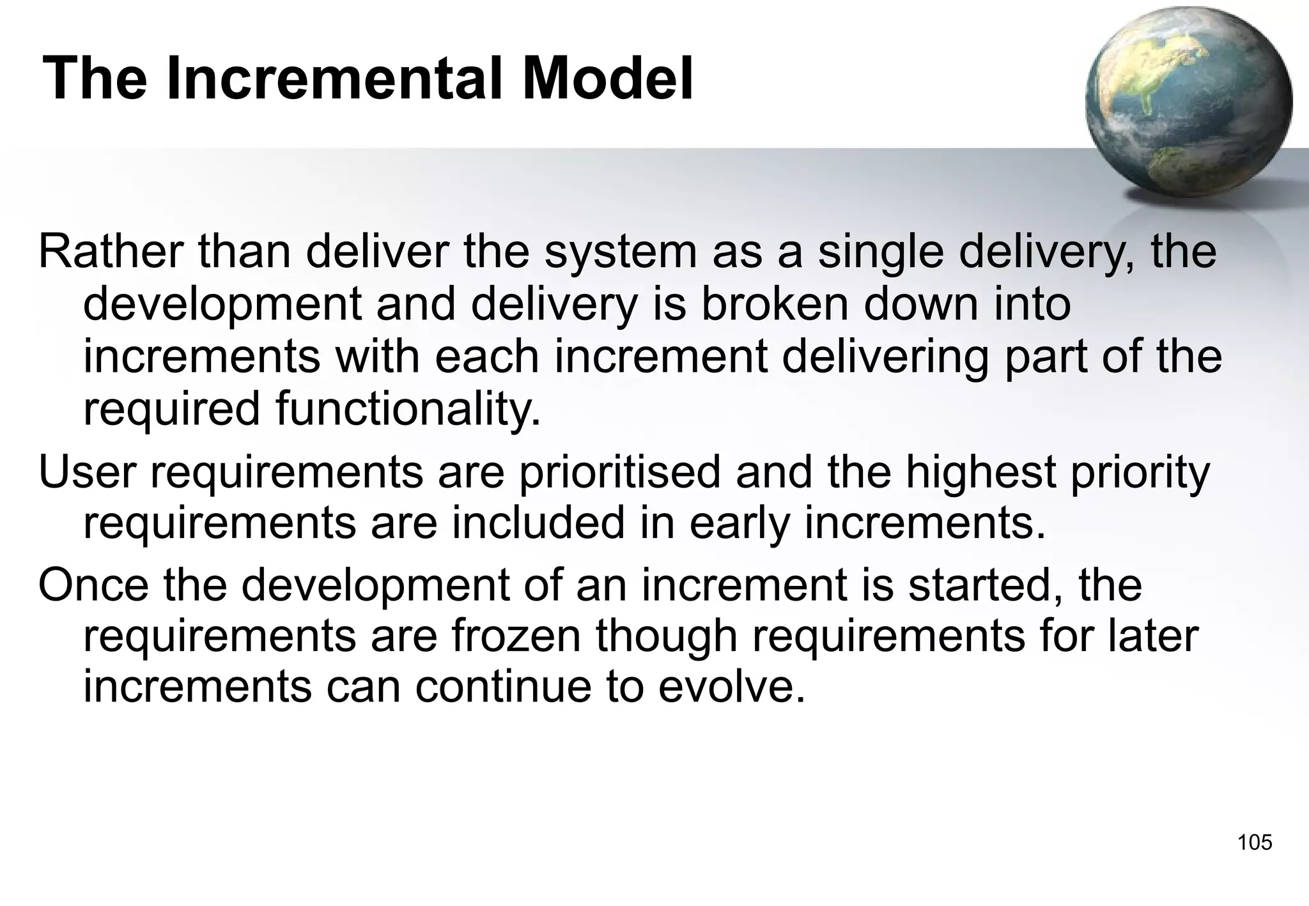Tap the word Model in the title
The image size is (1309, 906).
coord(607,79)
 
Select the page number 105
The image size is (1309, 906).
coord(1255,842)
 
